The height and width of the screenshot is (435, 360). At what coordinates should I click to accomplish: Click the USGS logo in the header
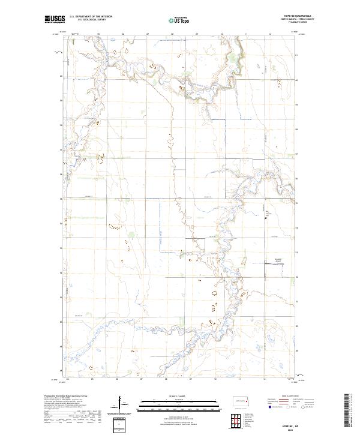tap(55, 20)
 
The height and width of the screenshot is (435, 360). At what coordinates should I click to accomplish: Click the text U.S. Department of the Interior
tap(91, 17)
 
